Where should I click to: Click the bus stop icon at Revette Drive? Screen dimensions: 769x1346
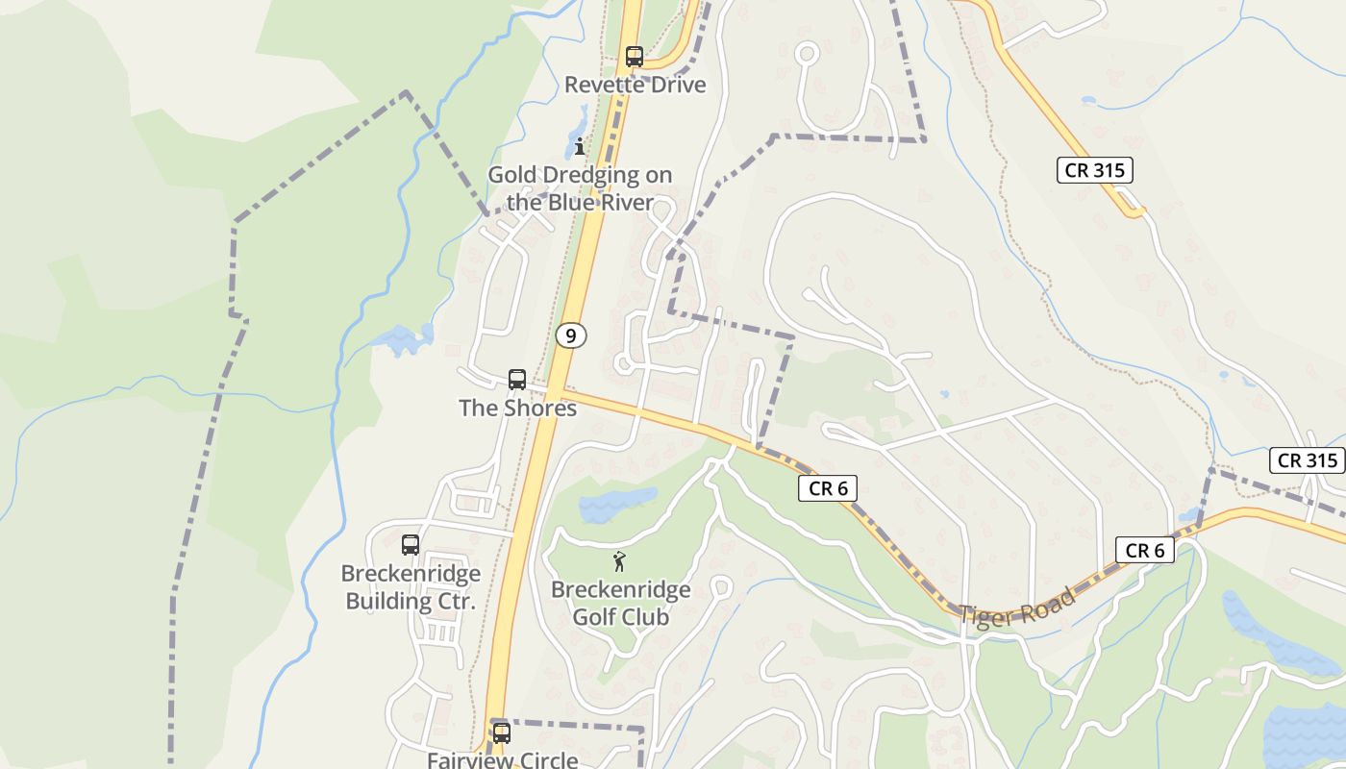[x=634, y=56]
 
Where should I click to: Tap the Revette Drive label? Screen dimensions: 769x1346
[x=635, y=85]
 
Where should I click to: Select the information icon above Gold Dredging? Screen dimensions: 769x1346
[x=580, y=146]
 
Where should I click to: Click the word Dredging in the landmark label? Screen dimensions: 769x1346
[x=620, y=175]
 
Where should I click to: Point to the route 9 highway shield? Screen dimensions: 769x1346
[x=571, y=335]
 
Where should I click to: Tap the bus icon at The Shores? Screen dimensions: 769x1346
[x=517, y=379]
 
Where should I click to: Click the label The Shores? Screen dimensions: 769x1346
[x=517, y=408]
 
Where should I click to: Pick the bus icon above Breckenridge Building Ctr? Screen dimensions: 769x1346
[x=411, y=544]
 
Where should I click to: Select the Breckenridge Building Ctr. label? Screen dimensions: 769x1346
[x=411, y=587]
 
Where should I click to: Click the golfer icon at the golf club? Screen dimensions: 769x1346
[x=620, y=560]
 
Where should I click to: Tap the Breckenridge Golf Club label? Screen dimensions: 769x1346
[x=620, y=603]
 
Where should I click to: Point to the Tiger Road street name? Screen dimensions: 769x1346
[x=1017, y=608]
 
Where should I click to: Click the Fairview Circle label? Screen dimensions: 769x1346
[x=502, y=759]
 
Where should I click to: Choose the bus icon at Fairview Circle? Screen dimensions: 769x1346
[x=501, y=732]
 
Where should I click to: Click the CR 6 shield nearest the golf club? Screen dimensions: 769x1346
[x=827, y=488]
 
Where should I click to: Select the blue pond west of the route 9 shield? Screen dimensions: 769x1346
[x=402, y=339]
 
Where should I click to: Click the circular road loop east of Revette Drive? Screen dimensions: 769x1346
[x=807, y=53]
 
